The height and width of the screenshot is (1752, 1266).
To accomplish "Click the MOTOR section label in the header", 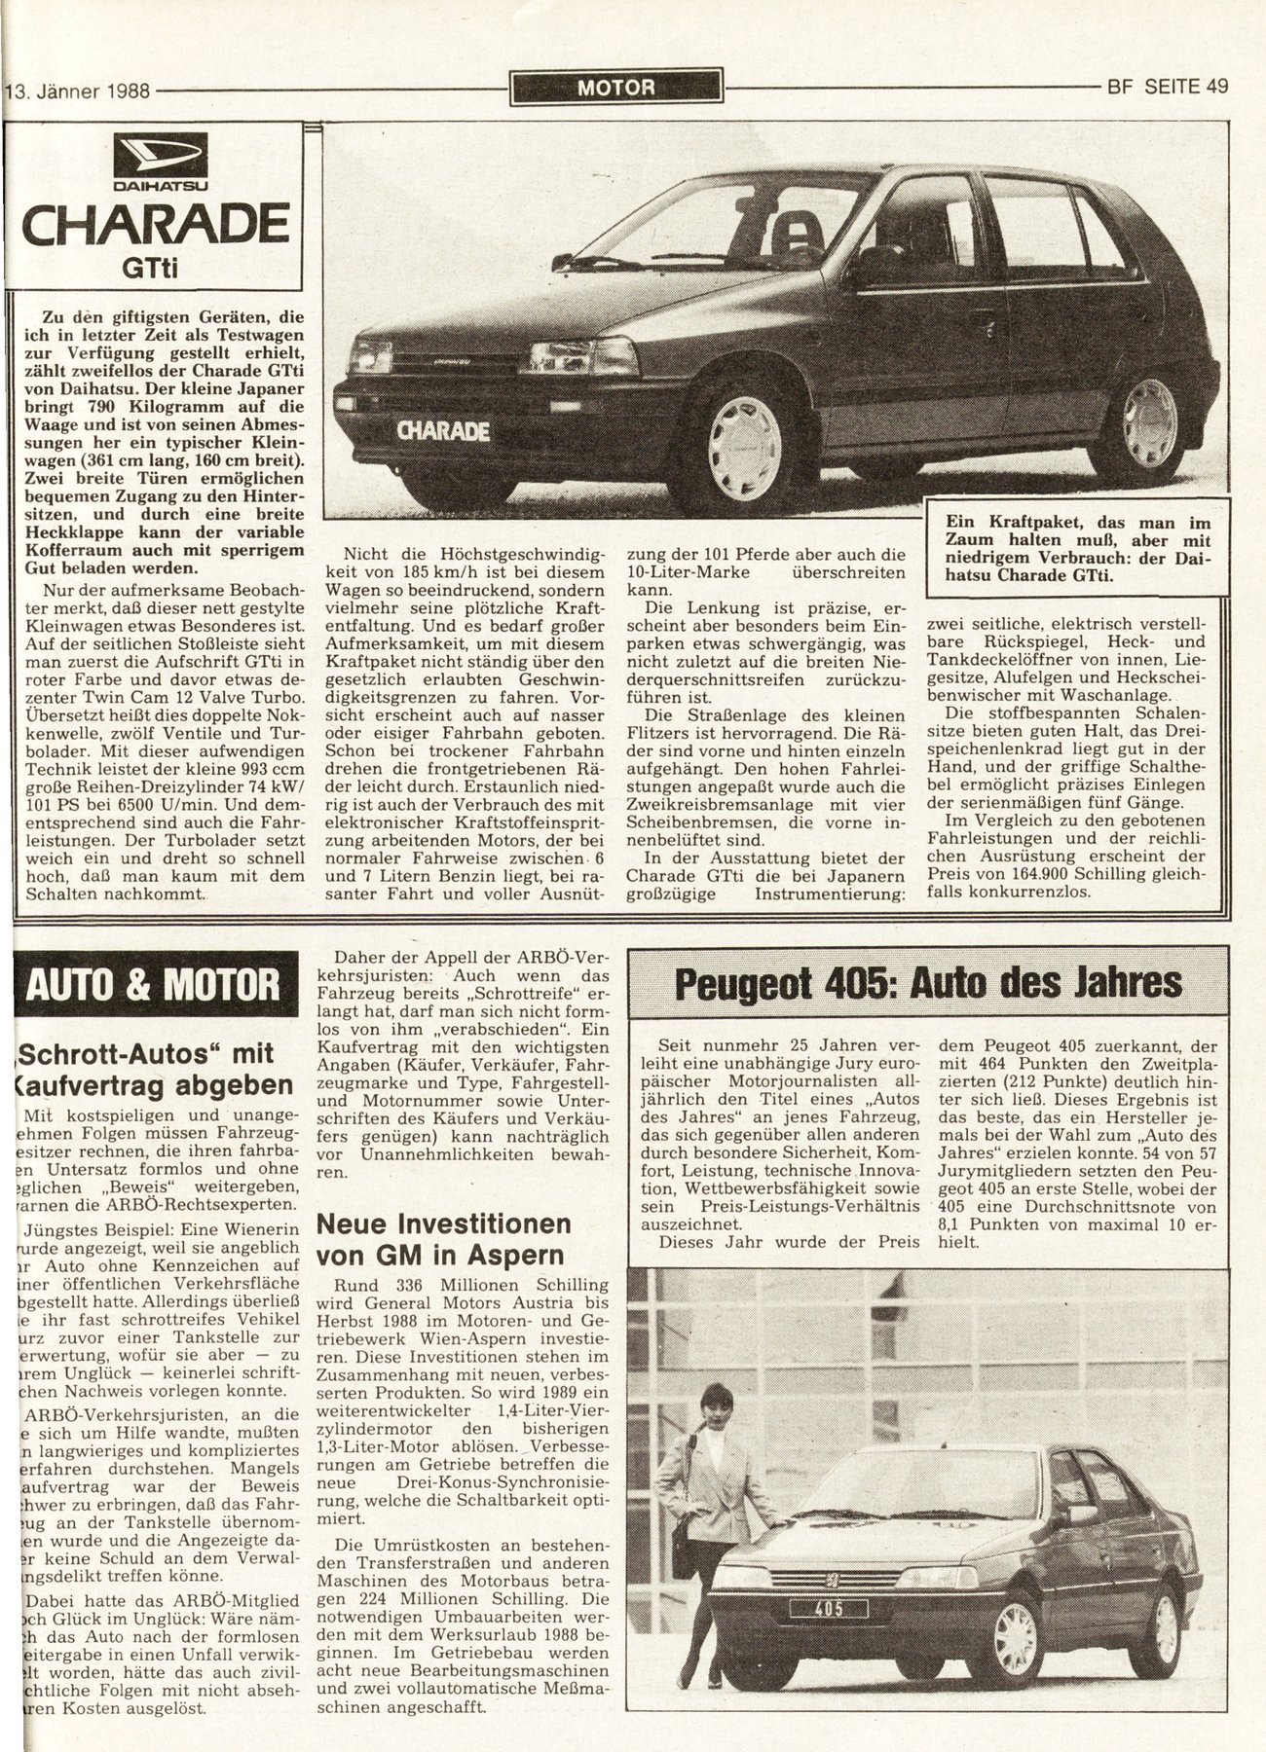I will click(x=615, y=87).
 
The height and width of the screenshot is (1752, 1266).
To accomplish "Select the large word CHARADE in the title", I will click(x=156, y=223).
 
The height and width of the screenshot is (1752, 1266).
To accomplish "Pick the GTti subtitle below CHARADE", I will click(x=156, y=268).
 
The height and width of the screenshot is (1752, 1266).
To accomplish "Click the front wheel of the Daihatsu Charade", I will click(x=745, y=449).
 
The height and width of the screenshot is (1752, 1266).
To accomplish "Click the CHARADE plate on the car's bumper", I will click(x=443, y=431).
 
